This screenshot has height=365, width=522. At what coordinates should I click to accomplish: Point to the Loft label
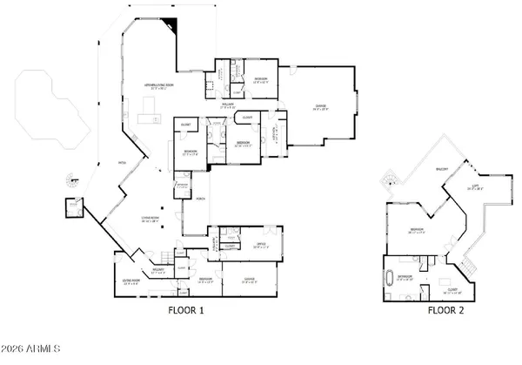(x=476, y=186)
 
